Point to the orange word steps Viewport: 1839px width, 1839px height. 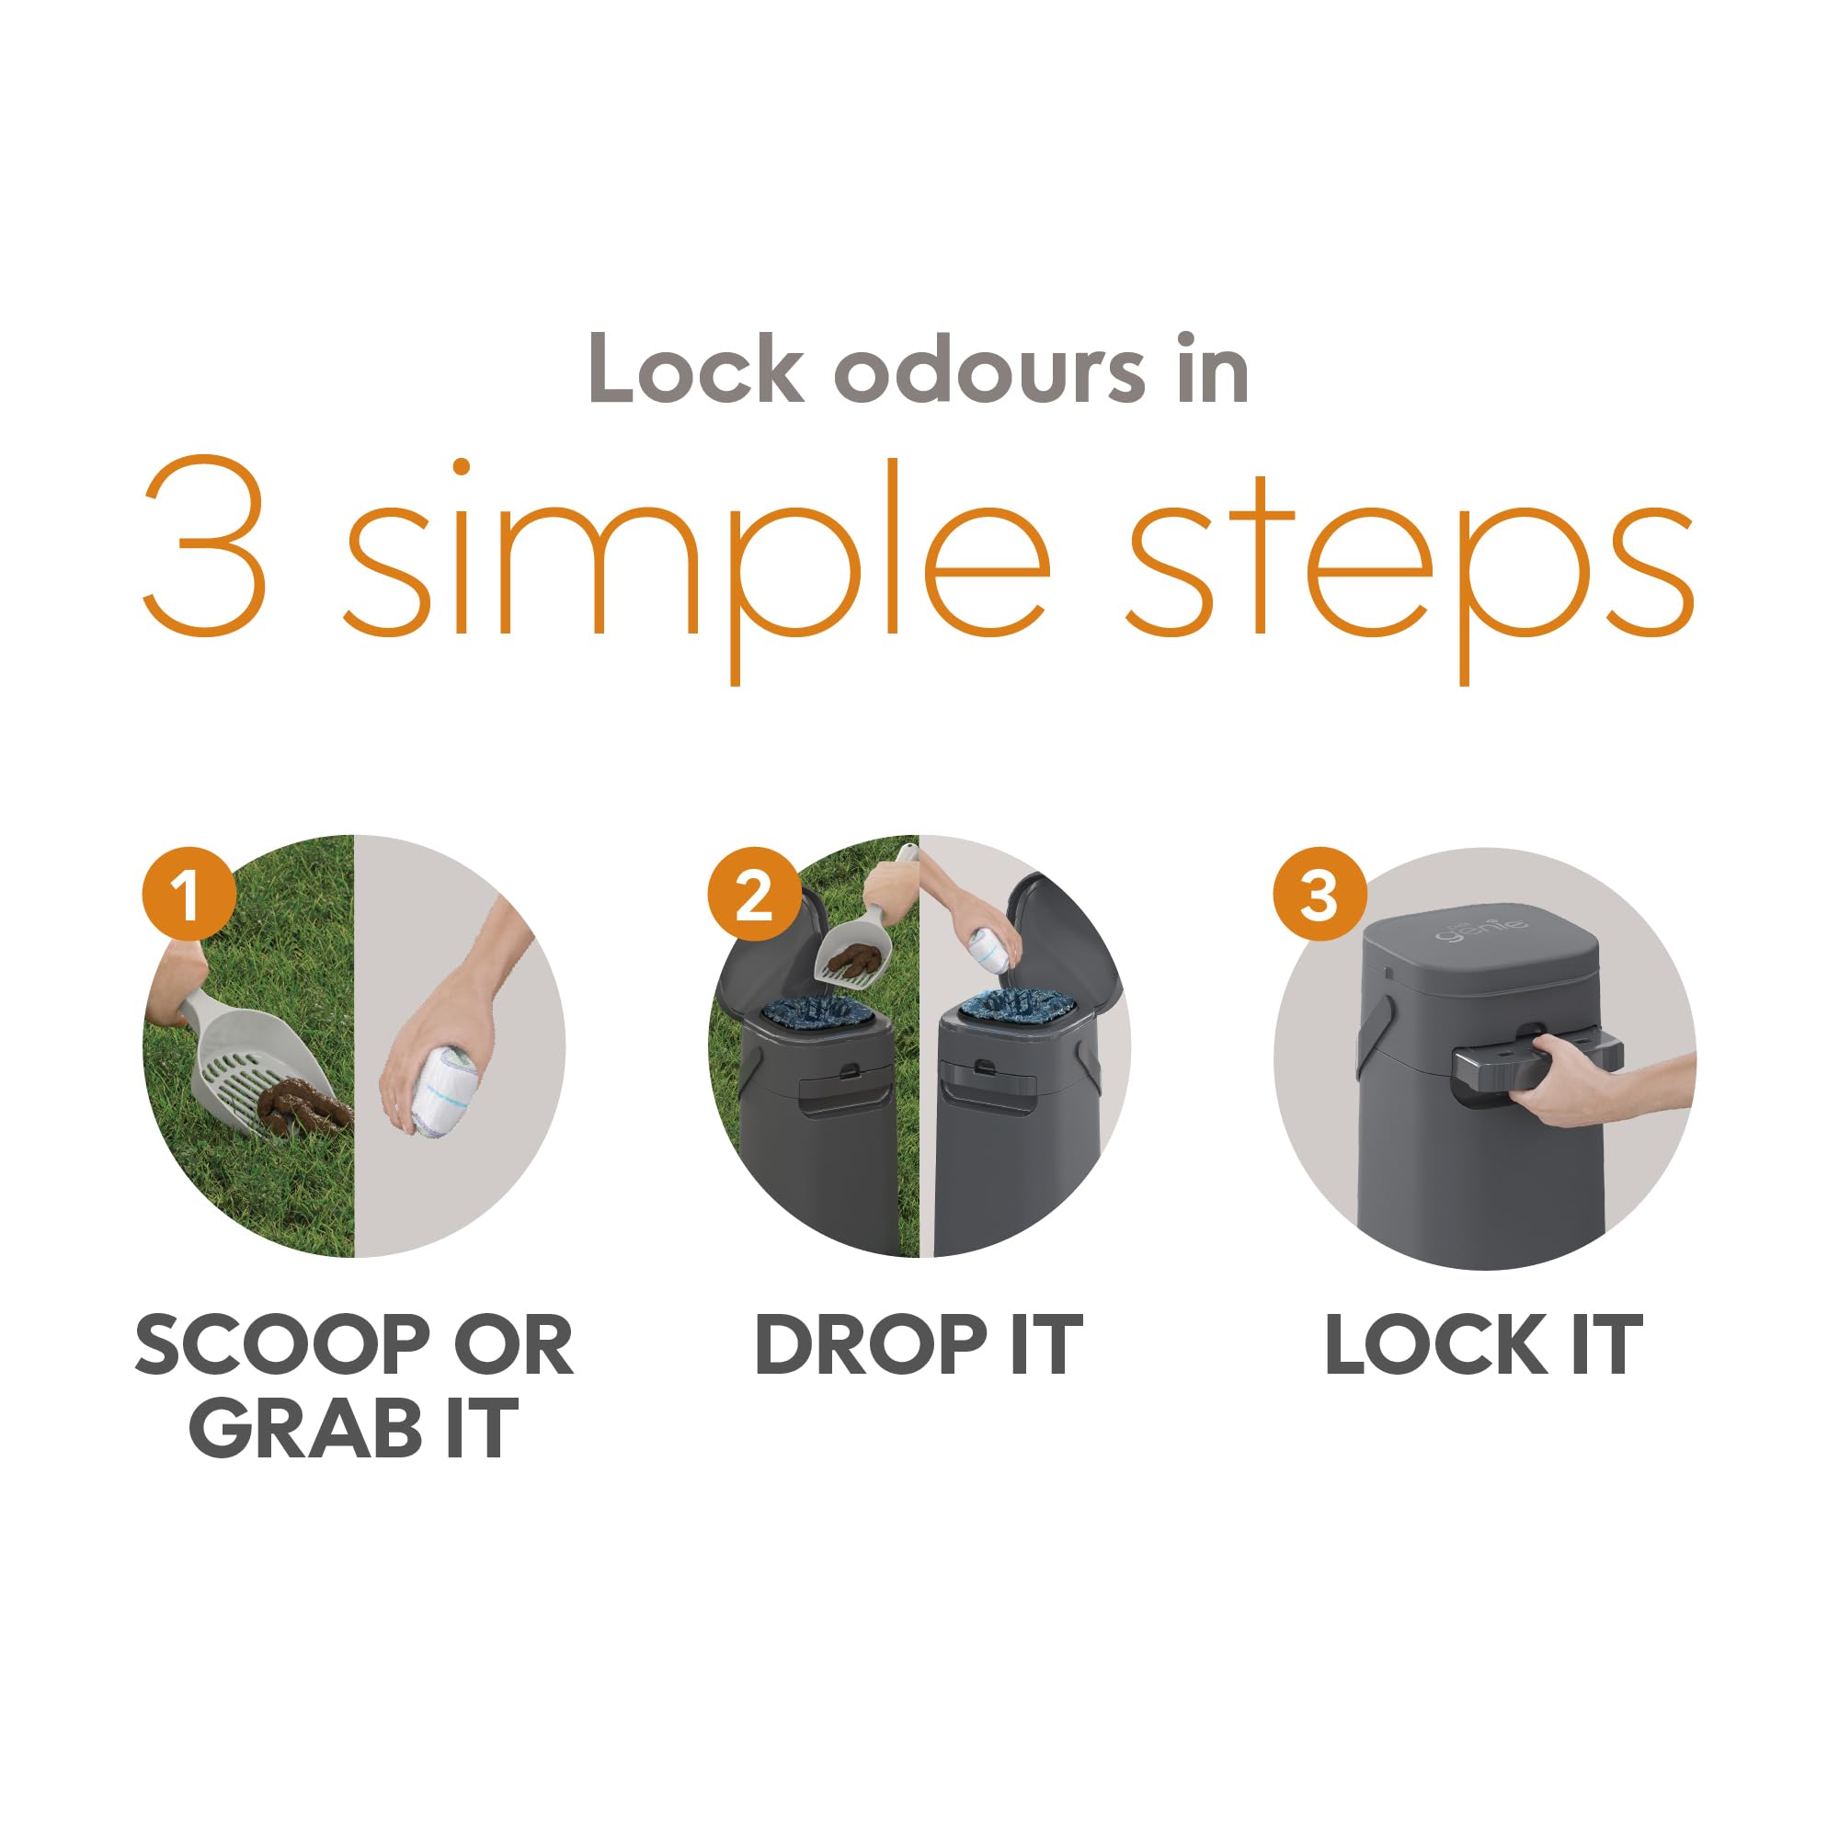click(1410, 562)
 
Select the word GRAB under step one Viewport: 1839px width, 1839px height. click(305, 1429)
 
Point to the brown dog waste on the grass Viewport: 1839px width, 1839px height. click(300, 1108)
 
